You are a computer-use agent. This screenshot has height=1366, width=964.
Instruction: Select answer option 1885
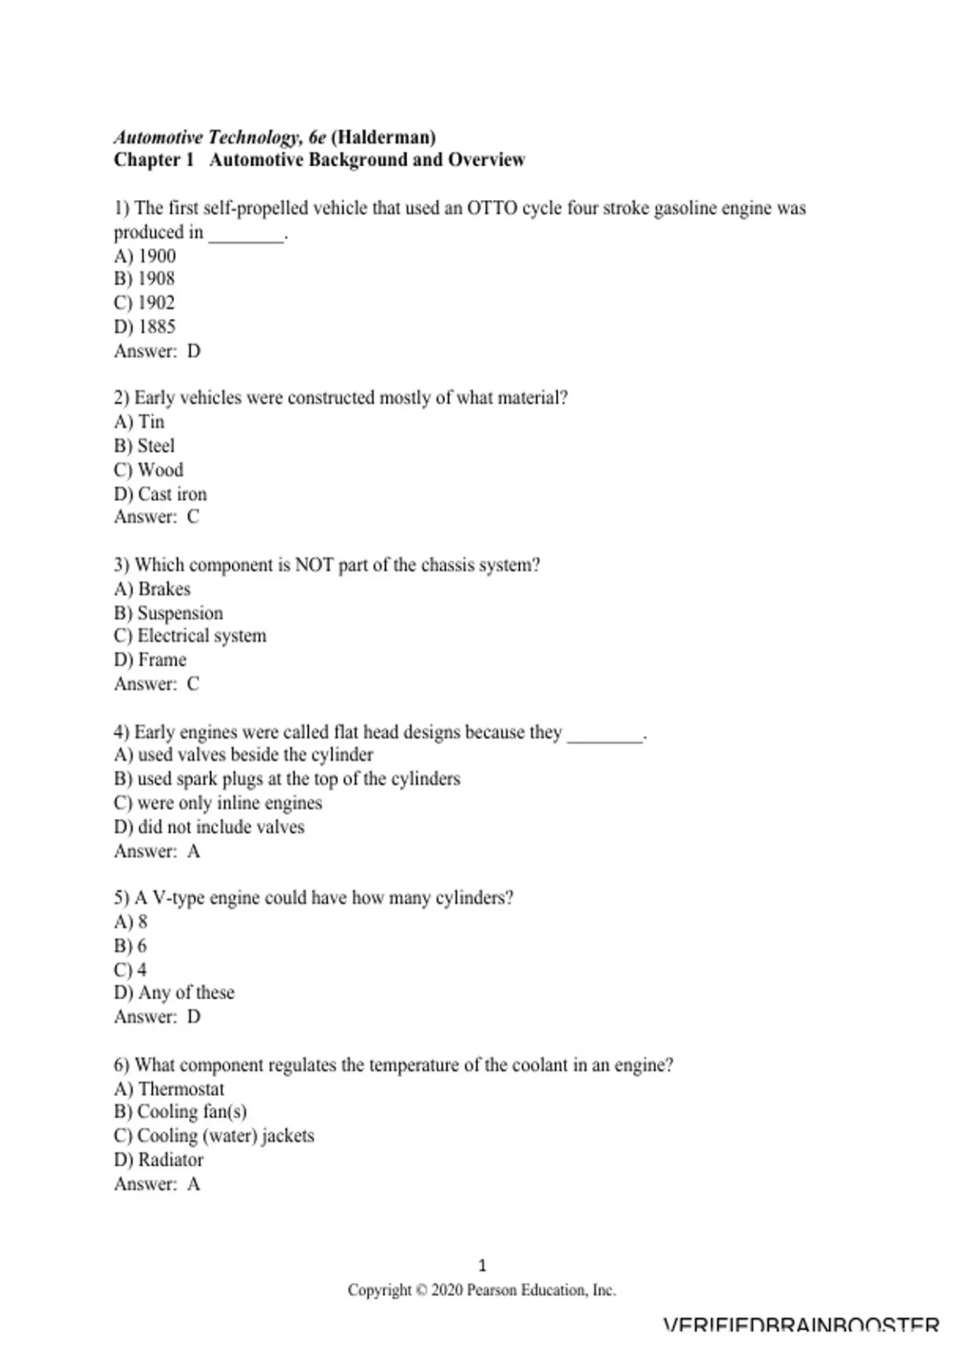click(157, 327)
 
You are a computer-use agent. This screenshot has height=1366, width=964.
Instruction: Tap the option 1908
click(156, 279)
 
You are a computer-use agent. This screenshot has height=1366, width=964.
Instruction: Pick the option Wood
click(160, 470)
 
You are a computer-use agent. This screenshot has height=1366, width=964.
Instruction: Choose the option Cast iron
click(172, 494)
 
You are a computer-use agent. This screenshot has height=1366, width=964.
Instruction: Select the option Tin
click(151, 422)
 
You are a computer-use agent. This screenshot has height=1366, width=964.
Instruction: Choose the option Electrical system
click(202, 636)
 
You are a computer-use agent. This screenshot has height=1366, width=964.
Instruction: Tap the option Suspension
click(180, 613)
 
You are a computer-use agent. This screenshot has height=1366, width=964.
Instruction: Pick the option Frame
click(162, 660)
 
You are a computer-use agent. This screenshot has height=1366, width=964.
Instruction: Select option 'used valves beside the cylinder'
click(255, 755)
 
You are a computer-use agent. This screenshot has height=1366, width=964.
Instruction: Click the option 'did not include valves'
click(221, 827)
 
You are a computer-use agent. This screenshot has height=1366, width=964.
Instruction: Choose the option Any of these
click(186, 992)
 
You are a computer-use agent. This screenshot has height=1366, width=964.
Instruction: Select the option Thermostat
click(181, 1089)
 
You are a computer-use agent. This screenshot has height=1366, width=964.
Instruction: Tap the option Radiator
click(170, 1159)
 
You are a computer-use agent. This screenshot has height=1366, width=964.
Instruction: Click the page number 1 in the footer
click(482, 1266)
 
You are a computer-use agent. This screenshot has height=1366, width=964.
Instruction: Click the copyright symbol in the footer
click(421, 1290)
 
